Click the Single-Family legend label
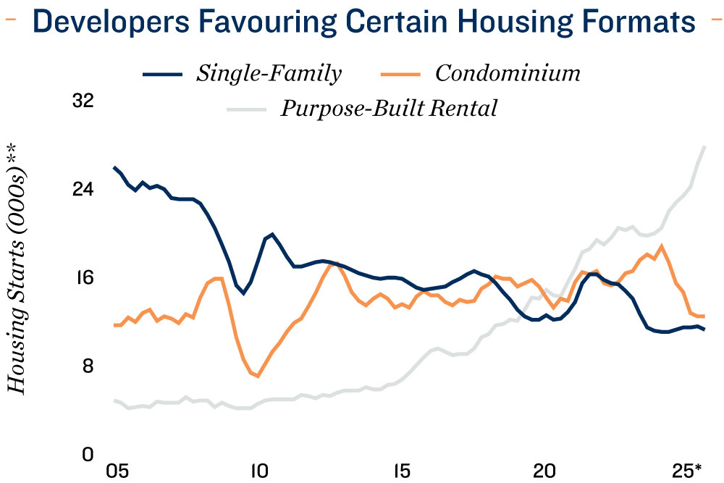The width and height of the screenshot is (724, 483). tap(269, 73)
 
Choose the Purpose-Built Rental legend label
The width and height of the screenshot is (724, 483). tap(389, 109)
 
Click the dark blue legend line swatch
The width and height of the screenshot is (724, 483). tap(164, 74)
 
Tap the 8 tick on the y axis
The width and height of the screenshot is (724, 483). tap(88, 366)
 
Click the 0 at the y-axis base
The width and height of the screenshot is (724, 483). tap(88, 454)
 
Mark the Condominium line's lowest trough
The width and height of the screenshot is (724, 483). tap(258, 377)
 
